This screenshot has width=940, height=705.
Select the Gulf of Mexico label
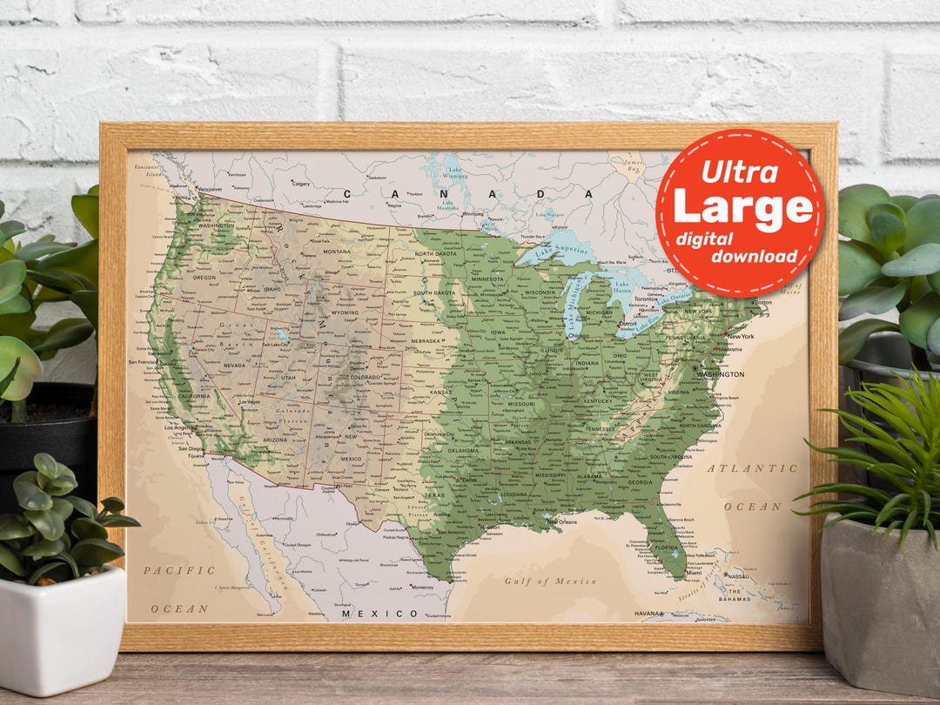point(550,581)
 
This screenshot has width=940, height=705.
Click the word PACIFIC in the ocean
point(179,570)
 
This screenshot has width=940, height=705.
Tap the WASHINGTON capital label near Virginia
point(720,374)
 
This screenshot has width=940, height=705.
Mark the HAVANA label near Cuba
point(647,614)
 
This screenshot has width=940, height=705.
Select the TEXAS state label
point(433,495)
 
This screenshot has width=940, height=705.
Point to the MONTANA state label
point(336,252)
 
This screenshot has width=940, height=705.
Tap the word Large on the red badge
point(742,208)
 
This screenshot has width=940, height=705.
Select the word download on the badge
point(754,256)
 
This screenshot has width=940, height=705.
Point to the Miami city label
point(694,573)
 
